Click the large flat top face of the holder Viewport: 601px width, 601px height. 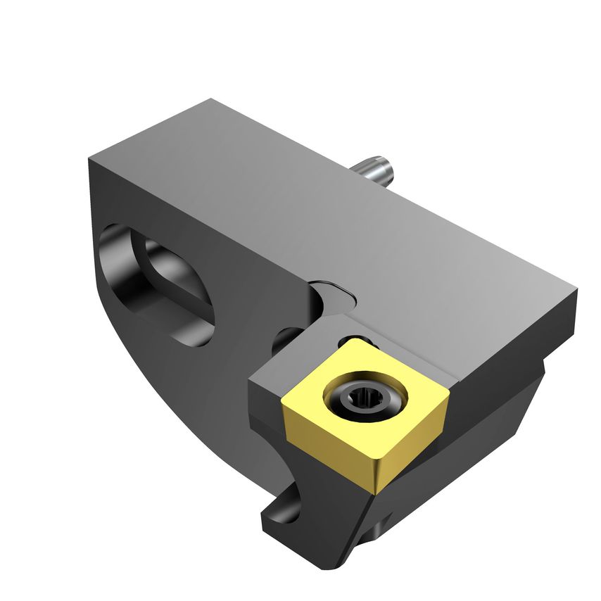[317, 211]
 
